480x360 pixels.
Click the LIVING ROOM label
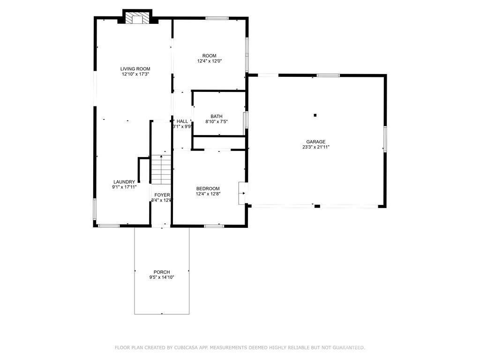135,69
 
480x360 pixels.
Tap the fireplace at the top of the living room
137,18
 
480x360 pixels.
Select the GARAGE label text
315,142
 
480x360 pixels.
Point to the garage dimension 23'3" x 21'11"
315,147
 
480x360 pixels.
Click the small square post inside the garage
315,115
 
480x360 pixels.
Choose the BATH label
217,116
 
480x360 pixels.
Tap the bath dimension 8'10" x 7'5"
217,122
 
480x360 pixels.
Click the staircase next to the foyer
161,170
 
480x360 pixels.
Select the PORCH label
162,272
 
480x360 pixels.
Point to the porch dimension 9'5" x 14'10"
162,277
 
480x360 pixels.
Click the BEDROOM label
208,188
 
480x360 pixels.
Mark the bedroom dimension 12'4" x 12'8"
208,194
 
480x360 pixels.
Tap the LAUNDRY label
124,182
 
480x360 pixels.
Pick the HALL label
182,121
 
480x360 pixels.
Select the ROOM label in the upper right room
209,56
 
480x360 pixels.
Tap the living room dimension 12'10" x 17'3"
135,74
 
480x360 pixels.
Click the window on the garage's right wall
385,139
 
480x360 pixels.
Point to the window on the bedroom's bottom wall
214,226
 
